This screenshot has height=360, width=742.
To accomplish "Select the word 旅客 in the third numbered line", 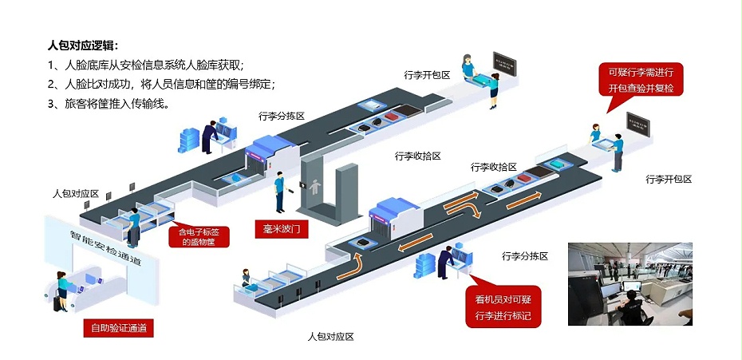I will (75, 104).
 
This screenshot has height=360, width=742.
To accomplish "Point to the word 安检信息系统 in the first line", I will (158, 65).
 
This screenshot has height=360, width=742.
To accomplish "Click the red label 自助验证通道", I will (118, 328).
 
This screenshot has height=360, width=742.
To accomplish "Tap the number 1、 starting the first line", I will (53, 65).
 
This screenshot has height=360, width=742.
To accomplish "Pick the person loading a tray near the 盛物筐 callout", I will (134, 226).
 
